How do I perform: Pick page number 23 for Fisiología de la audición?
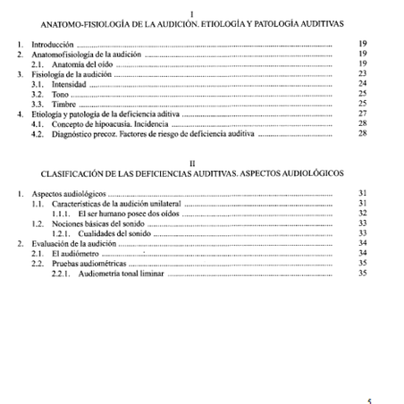[362, 74]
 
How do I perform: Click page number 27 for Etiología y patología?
[362, 114]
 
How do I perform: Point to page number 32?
[362, 214]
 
